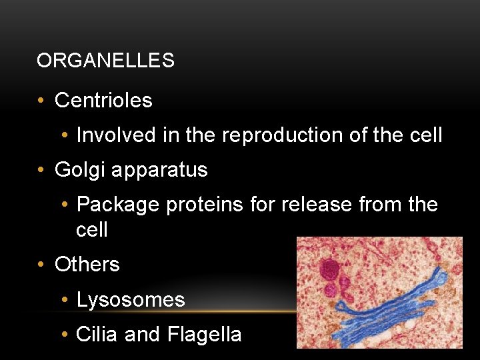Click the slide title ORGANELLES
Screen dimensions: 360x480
[105, 61]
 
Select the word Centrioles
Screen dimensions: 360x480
[103, 101]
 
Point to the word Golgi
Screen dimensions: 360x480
[80, 170]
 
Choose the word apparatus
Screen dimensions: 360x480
[159, 171]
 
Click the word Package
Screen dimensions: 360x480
[118, 205]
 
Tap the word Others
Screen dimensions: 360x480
[87, 265]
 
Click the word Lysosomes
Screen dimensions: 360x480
[131, 300]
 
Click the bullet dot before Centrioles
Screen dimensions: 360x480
[41, 101]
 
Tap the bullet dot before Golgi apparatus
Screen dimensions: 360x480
[41, 171]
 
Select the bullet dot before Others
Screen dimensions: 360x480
[41, 265]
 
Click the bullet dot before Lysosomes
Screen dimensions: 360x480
[64, 300]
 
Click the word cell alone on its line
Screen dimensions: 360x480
[92, 230]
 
